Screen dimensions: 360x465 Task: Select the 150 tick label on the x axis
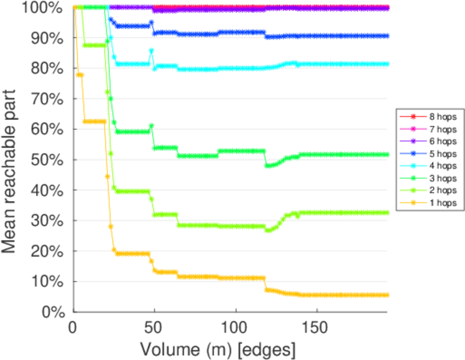[x=317, y=328]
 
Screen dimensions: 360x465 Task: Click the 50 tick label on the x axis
[x=154, y=328]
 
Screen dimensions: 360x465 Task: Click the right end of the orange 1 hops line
[x=387, y=295]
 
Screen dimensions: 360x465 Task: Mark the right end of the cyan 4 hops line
[x=387, y=64]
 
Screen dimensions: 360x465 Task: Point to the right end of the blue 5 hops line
[x=387, y=36]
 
